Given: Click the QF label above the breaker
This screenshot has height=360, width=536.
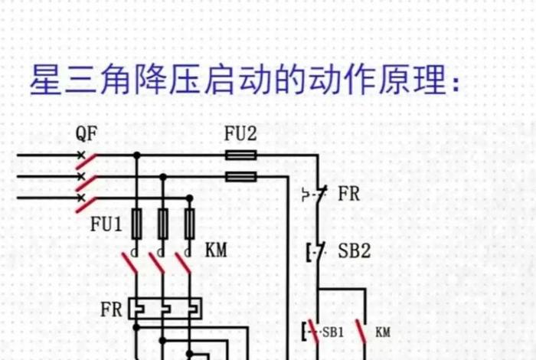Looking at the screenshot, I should [87, 136].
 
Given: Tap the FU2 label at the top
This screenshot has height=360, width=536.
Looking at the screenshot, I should [240, 135].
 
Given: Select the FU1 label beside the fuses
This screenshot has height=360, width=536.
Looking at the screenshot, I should [106, 225].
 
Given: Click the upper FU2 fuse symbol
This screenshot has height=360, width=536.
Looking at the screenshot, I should [241, 155].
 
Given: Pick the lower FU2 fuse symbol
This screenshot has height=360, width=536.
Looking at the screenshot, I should [241, 176].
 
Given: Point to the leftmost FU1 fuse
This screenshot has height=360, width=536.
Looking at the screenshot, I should [137, 224].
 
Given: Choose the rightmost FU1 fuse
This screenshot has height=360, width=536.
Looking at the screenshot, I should [189, 224].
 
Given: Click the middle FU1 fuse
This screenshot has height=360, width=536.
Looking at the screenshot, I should [163, 224].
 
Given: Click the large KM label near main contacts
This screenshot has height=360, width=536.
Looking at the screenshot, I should [217, 250].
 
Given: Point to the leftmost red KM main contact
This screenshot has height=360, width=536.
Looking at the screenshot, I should [131, 263].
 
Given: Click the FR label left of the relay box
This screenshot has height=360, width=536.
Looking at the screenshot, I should [111, 310].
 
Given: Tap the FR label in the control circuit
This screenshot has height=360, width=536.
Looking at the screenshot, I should [348, 193].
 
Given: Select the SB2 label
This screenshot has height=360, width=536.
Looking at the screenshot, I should [354, 250].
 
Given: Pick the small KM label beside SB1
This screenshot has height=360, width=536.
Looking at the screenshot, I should [383, 333].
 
